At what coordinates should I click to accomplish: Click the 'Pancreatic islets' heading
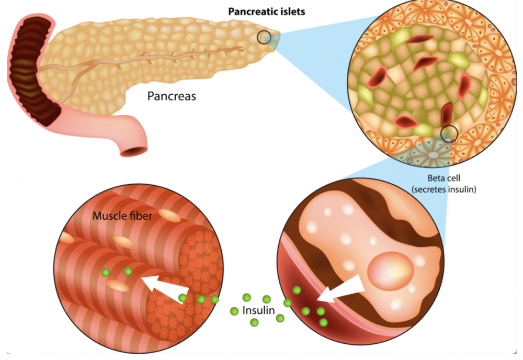point(267,12)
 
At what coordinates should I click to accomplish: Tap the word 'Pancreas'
point(172,96)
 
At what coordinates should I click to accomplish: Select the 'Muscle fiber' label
point(122,216)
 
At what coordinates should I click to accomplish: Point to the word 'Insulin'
point(258,310)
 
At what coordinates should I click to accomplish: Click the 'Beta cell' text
point(444,178)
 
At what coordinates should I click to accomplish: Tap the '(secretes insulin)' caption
point(444,189)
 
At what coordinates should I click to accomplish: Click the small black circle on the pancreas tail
point(264,37)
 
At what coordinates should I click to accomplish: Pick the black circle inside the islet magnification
point(449,133)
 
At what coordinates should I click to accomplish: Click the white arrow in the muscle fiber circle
point(165,287)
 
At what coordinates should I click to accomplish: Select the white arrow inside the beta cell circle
point(341,289)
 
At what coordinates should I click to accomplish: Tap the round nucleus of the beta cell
point(391,271)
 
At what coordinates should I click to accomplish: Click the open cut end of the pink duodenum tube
point(133,151)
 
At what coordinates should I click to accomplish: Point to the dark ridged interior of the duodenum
point(32,70)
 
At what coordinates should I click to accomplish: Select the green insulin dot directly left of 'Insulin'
point(234,311)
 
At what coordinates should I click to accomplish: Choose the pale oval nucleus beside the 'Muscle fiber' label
point(169,216)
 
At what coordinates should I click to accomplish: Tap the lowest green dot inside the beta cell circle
point(323,322)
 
